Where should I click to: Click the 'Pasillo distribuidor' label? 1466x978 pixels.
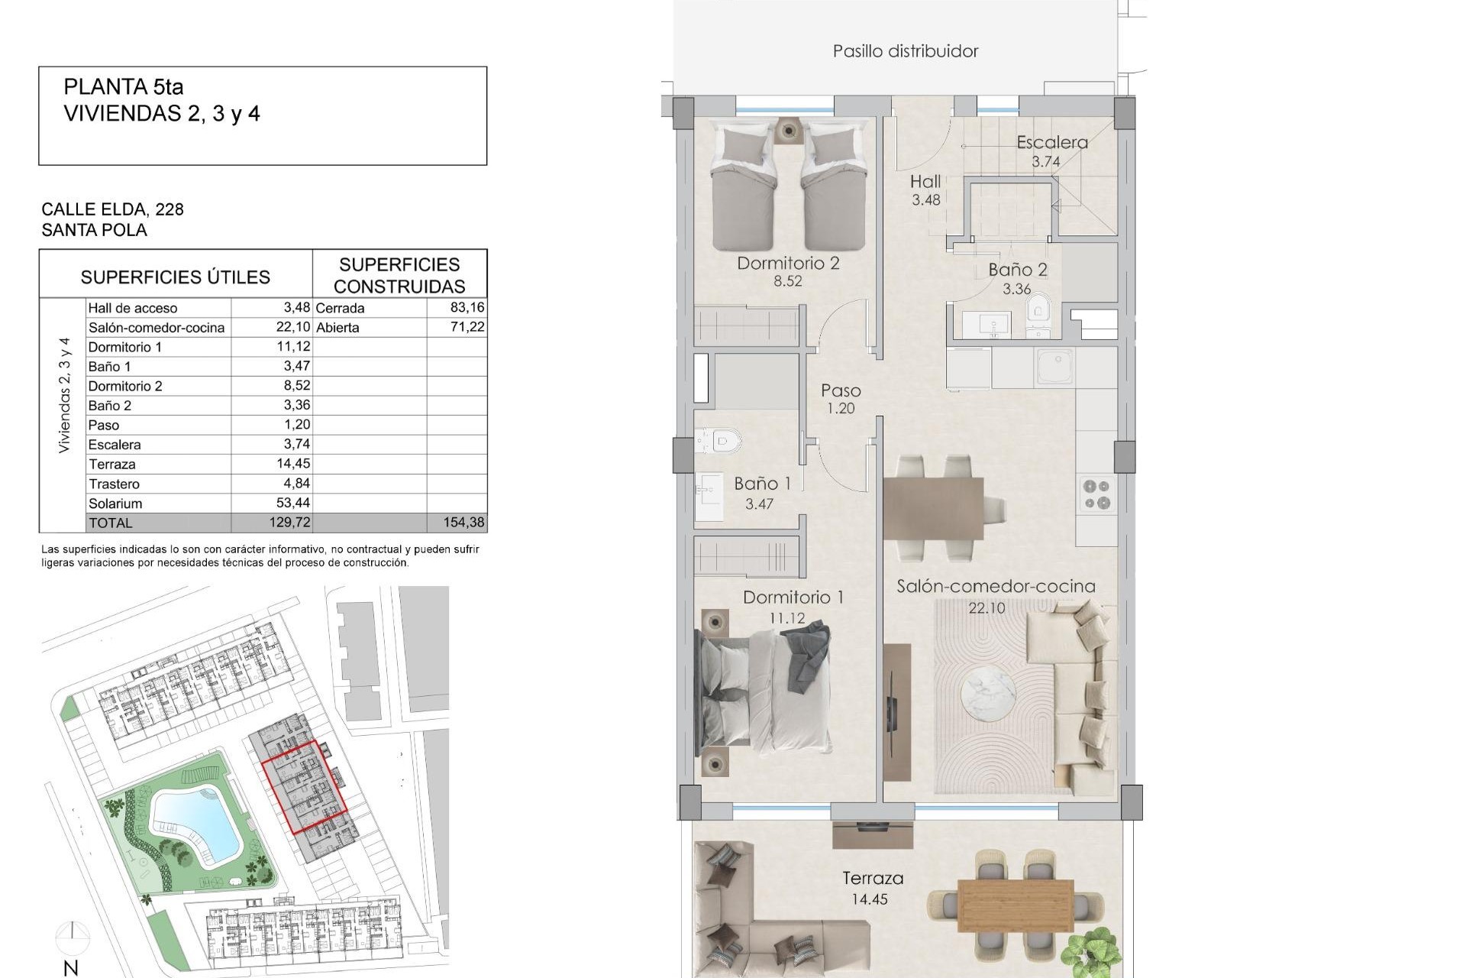[906, 51]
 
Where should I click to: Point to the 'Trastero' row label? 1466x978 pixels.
[114, 484]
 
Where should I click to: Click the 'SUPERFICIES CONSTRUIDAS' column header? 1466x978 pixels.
[399, 275]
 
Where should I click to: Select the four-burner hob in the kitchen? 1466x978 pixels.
[1097, 494]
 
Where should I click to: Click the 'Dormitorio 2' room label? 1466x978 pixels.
[788, 264]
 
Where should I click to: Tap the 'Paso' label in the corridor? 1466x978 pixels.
[841, 390]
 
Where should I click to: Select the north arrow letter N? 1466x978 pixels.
[71, 968]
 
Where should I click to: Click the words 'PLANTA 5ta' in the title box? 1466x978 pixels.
[124, 87]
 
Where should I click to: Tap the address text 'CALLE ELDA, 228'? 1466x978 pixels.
[112, 209]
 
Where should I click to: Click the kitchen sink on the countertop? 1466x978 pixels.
[1054, 367]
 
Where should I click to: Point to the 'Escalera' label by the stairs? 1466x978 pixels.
[1051, 143]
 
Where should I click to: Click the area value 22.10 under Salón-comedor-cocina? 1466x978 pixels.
[986, 608]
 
